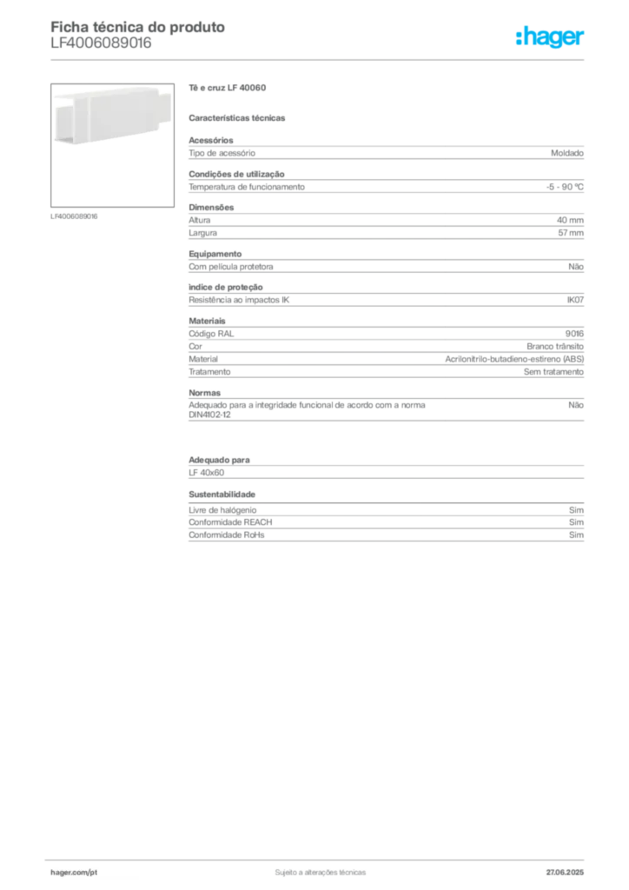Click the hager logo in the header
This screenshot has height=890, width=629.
coord(550,37)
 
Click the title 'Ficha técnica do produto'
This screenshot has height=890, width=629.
coord(138,27)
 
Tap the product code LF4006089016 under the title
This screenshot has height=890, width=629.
coord(101,43)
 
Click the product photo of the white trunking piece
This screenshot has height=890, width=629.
coord(112,145)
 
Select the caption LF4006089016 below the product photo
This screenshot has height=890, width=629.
coord(74,216)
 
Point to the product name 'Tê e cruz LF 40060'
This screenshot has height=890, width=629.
coord(228,88)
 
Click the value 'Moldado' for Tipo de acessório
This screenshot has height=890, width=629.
coord(567,153)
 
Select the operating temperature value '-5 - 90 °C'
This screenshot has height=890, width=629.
coord(565,187)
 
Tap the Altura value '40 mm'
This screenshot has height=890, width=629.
coord(570,220)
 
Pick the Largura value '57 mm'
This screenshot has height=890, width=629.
coord(571,233)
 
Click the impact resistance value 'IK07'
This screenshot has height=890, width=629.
coord(575,300)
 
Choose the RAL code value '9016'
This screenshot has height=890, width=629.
coord(574,334)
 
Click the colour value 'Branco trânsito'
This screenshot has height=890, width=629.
coord(554,346)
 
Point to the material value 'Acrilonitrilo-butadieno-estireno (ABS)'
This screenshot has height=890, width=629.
coord(514,359)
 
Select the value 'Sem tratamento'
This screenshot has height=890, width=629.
coord(553,372)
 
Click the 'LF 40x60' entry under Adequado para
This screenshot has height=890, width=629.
coord(207,472)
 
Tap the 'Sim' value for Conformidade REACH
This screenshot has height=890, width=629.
coord(576,522)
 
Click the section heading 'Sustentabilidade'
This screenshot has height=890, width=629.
coord(222,495)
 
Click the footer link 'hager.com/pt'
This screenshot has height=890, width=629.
coord(74,873)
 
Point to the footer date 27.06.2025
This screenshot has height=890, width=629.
coord(565,873)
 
